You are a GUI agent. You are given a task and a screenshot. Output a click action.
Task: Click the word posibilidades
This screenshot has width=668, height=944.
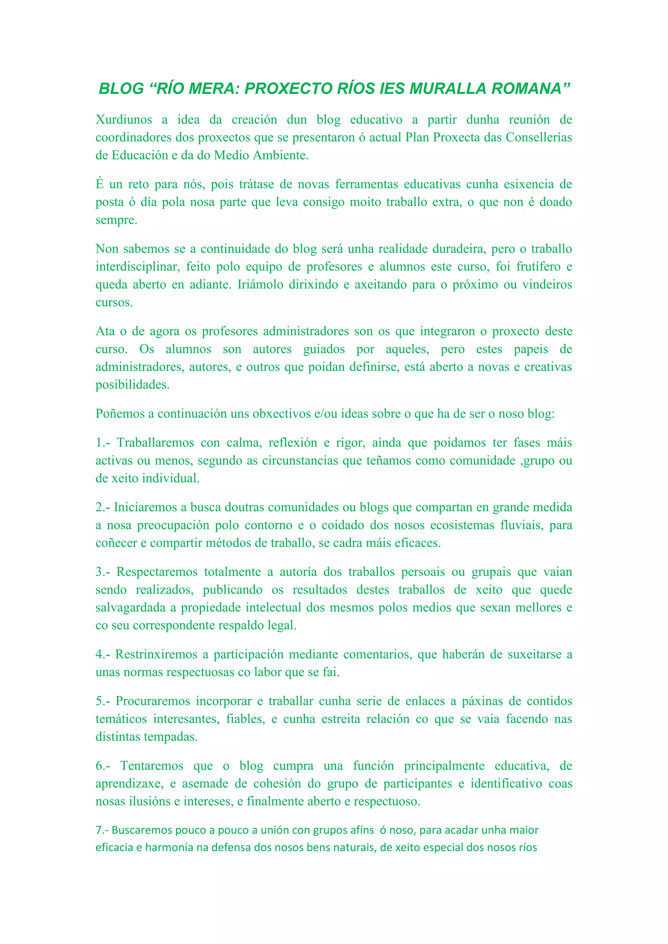pos(132,385)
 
